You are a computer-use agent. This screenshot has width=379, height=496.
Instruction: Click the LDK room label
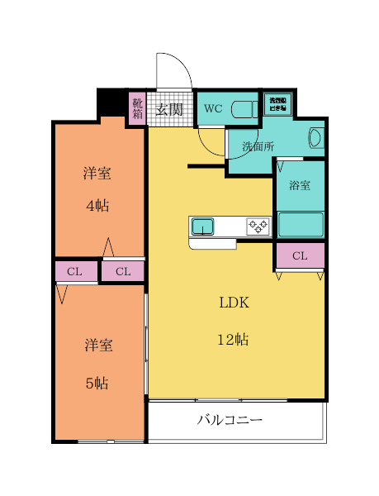234,303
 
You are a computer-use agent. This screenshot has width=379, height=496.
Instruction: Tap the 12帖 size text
234,339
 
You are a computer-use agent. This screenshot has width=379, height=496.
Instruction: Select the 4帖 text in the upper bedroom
97,206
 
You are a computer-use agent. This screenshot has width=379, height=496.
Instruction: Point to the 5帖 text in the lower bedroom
97,383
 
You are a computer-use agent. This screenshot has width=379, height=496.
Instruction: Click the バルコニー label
230,420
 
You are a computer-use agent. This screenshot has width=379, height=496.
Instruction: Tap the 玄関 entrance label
169,109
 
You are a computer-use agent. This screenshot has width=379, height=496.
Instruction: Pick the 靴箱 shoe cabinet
137,109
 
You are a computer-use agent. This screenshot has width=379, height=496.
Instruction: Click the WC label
213,108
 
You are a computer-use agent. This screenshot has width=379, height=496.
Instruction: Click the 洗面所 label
258,146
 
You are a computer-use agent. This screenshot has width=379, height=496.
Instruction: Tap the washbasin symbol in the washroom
315,139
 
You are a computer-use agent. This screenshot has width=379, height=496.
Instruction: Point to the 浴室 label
300,185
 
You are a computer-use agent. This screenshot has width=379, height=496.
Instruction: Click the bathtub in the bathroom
300,224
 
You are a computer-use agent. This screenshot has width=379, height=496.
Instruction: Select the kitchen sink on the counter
203,226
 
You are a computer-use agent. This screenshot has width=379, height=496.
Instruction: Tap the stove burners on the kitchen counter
257,226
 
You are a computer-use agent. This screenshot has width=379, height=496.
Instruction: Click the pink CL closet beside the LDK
300,255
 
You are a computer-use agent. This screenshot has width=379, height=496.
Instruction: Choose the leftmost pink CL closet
74,271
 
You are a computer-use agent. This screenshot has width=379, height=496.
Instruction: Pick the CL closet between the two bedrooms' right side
123,271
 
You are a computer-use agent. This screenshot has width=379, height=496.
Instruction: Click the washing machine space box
277,103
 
